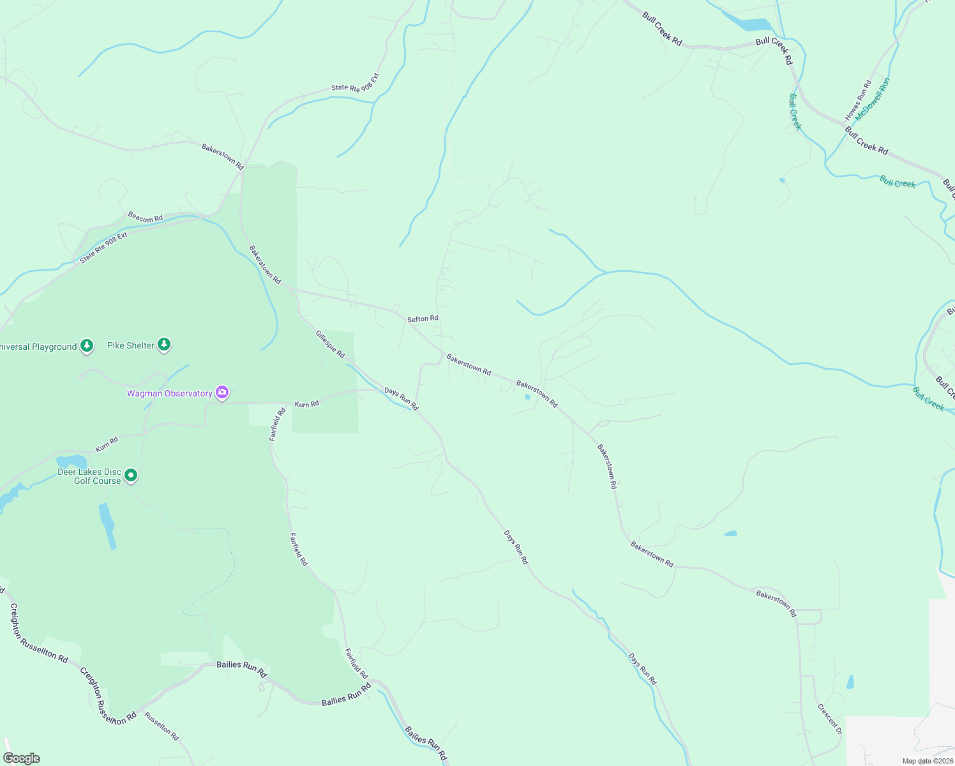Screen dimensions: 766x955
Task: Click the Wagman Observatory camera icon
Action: [222, 393]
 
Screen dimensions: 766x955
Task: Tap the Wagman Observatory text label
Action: [169, 393]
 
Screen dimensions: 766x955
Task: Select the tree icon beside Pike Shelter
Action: [164, 345]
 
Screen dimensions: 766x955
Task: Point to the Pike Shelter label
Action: [131, 345]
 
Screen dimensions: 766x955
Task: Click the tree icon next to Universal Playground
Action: [87, 346]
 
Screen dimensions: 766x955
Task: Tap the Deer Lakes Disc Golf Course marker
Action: [131, 476]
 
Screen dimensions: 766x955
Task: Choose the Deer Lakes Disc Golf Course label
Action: [89, 476]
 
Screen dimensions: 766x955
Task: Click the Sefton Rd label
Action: [423, 318]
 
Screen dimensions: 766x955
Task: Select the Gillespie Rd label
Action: [330, 344]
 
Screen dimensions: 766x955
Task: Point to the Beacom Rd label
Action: [145, 218]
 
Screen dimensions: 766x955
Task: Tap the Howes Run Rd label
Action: [858, 100]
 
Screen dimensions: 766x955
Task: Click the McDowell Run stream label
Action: [873, 99]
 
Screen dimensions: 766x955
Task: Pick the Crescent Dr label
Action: [830, 719]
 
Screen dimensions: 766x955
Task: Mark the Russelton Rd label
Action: [162, 726]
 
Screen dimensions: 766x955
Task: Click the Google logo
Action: [22, 758]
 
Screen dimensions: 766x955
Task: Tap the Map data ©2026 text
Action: [928, 761]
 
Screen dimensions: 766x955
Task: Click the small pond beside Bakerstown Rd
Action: [527, 397]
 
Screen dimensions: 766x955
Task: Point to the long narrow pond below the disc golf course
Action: [107, 525]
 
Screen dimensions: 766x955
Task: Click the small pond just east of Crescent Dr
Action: [850, 682]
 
